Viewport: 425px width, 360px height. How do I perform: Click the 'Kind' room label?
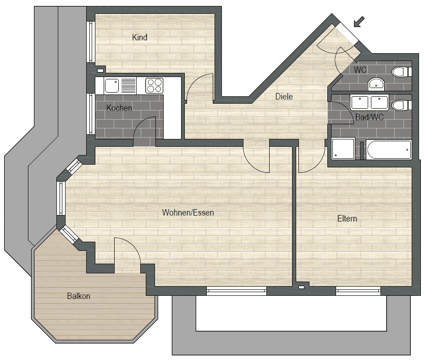tap(139, 38)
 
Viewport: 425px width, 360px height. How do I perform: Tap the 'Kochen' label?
tap(119, 108)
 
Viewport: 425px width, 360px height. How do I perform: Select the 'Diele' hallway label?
tap(284, 96)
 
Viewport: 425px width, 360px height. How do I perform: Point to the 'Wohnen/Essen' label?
tap(188, 212)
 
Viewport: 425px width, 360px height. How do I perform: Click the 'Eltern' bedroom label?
tap(347, 218)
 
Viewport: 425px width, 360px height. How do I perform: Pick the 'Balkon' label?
tap(78, 296)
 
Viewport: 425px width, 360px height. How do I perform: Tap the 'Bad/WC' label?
tap(370, 117)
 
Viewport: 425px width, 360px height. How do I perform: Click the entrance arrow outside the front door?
tap(359, 22)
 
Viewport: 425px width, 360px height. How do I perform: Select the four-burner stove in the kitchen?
tap(154, 86)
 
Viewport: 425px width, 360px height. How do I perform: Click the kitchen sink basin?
tap(112, 86)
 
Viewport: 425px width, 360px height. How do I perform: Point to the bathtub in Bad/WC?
tap(388, 150)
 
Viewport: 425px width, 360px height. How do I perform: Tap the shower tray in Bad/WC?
tap(343, 149)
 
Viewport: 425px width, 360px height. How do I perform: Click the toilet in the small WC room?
tap(402, 72)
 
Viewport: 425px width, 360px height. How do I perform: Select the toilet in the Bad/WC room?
tap(402, 106)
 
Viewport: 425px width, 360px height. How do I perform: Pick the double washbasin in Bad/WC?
tap(370, 102)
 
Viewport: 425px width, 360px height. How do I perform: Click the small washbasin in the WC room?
tap(376, 84)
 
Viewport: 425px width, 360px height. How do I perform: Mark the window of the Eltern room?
tap(359, 291)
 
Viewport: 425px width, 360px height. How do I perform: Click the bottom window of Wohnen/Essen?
tap(237, 291)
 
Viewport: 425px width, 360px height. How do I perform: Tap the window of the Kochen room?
tap(91, 114)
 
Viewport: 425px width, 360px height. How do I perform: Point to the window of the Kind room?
tap(91, 42)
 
